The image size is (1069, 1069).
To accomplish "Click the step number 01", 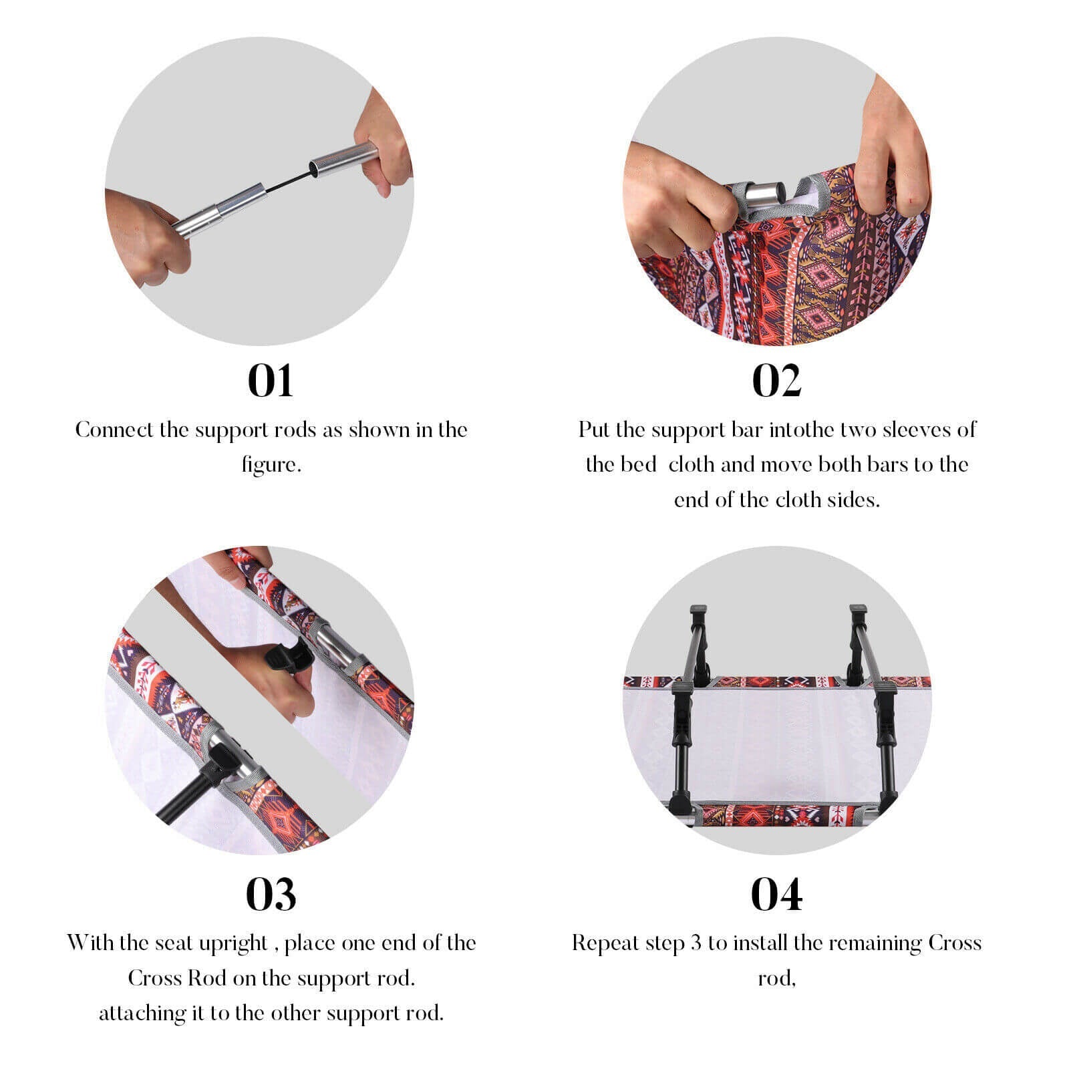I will coord(271,381).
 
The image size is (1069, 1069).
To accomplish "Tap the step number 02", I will coord(776,381).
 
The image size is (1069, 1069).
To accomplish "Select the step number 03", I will coord(271,895).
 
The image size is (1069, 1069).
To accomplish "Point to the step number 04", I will coord(776,895).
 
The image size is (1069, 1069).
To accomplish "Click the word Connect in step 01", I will coord(114,430).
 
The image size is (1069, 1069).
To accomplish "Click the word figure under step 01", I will coord(271,465).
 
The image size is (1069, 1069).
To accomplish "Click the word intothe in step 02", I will coord(800,430).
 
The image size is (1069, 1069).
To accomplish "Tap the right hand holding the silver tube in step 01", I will coord(384,144).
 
